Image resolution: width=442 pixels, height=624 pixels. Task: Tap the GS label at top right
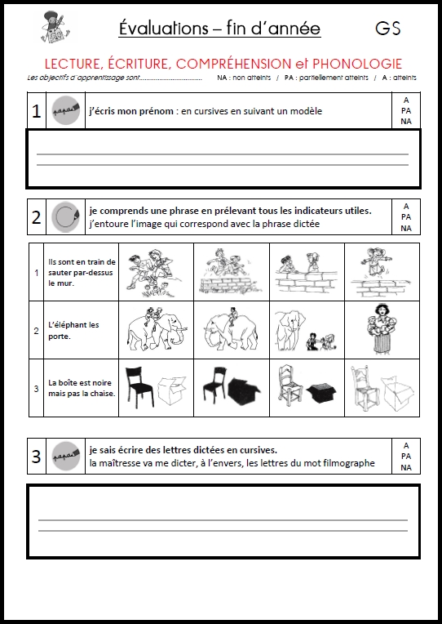pyautogui.click(x=388, y=29)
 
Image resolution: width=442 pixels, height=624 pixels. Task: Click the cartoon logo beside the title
pyautogui.click(x=54, y=28)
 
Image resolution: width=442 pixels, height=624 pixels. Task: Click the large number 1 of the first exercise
pyautogui.click(x=36, y=111)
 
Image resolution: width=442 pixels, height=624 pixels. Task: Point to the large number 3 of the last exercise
pyautogui.click(x=36, y=457)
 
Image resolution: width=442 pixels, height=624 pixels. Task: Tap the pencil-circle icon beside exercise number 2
pyautogui.click(x=64, y=217)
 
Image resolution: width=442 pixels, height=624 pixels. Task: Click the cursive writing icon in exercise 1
pyautogui.click(x=64, y=111)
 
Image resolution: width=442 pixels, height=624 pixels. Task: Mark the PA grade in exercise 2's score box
pyautogui.click(x=405, y=217)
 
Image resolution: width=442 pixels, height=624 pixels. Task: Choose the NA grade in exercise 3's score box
pyautogui.click(x=405, y=468)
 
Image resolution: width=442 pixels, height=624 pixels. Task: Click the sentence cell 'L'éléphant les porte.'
pyautogui.click(x=73, y=330)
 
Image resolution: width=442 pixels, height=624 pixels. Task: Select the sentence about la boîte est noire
pyautogui.click(x=81, y=387)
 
